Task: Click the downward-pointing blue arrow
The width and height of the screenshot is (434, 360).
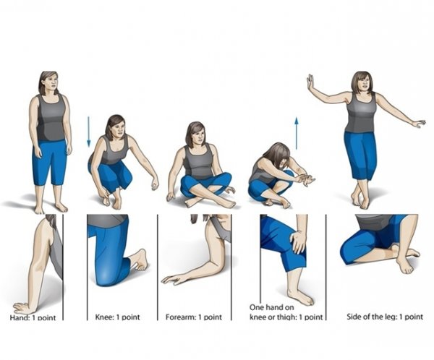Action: [x=88, y=132]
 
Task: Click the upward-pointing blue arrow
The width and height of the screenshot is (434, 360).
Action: [x=297, y=134]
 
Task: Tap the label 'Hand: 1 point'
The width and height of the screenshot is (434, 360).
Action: [x=33, y=317]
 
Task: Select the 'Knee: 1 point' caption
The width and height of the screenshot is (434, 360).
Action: [x=118, y=317]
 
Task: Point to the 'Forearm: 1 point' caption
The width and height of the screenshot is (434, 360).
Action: [x=194, y=317]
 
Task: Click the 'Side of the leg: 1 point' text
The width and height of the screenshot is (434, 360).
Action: [x=385, y=317]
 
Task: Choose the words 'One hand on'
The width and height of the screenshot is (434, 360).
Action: [x=271, y=307]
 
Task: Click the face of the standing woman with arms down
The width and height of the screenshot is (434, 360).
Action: [x=50, y=82]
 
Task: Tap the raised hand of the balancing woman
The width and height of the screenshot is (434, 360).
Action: [x=310, y=82]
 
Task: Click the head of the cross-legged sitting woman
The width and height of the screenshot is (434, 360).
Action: [x=196, y=134]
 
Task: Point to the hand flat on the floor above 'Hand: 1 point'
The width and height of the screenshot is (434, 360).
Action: [x=22, y=308]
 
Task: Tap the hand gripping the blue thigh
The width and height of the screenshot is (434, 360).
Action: [x=298, y=242]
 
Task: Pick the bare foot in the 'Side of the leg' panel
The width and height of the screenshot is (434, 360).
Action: [x=404, y=261]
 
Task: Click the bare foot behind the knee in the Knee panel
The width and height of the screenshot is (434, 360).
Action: [x=140, y=260]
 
